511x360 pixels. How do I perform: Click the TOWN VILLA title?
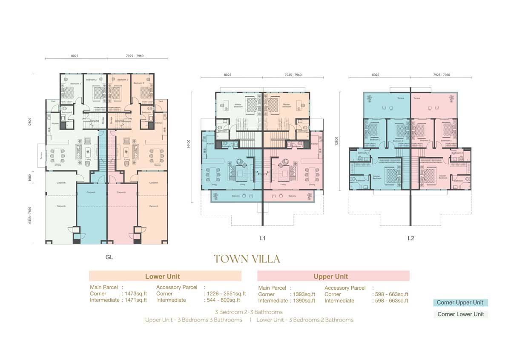coord(247,259)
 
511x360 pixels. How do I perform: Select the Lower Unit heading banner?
coord(165,276)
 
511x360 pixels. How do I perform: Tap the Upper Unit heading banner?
coord(333,276)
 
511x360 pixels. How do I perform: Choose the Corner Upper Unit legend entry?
coord(460,302)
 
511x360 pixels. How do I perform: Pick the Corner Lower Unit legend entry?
coord(460,314)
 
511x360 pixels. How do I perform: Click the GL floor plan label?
coord(109,257)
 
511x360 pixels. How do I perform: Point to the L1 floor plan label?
coord(263,239)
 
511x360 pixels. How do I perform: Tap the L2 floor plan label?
coord(411,239)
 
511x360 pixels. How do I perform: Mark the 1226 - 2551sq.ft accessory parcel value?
coord(225,294)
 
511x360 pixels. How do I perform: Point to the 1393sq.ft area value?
coord(304,294)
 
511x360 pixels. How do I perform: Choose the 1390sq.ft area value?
coord(304,300)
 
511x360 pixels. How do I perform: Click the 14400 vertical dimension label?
coord(187,145)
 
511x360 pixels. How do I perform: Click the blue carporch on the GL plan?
coord(91,213)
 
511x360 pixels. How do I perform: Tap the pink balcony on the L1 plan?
coord(289,196)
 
